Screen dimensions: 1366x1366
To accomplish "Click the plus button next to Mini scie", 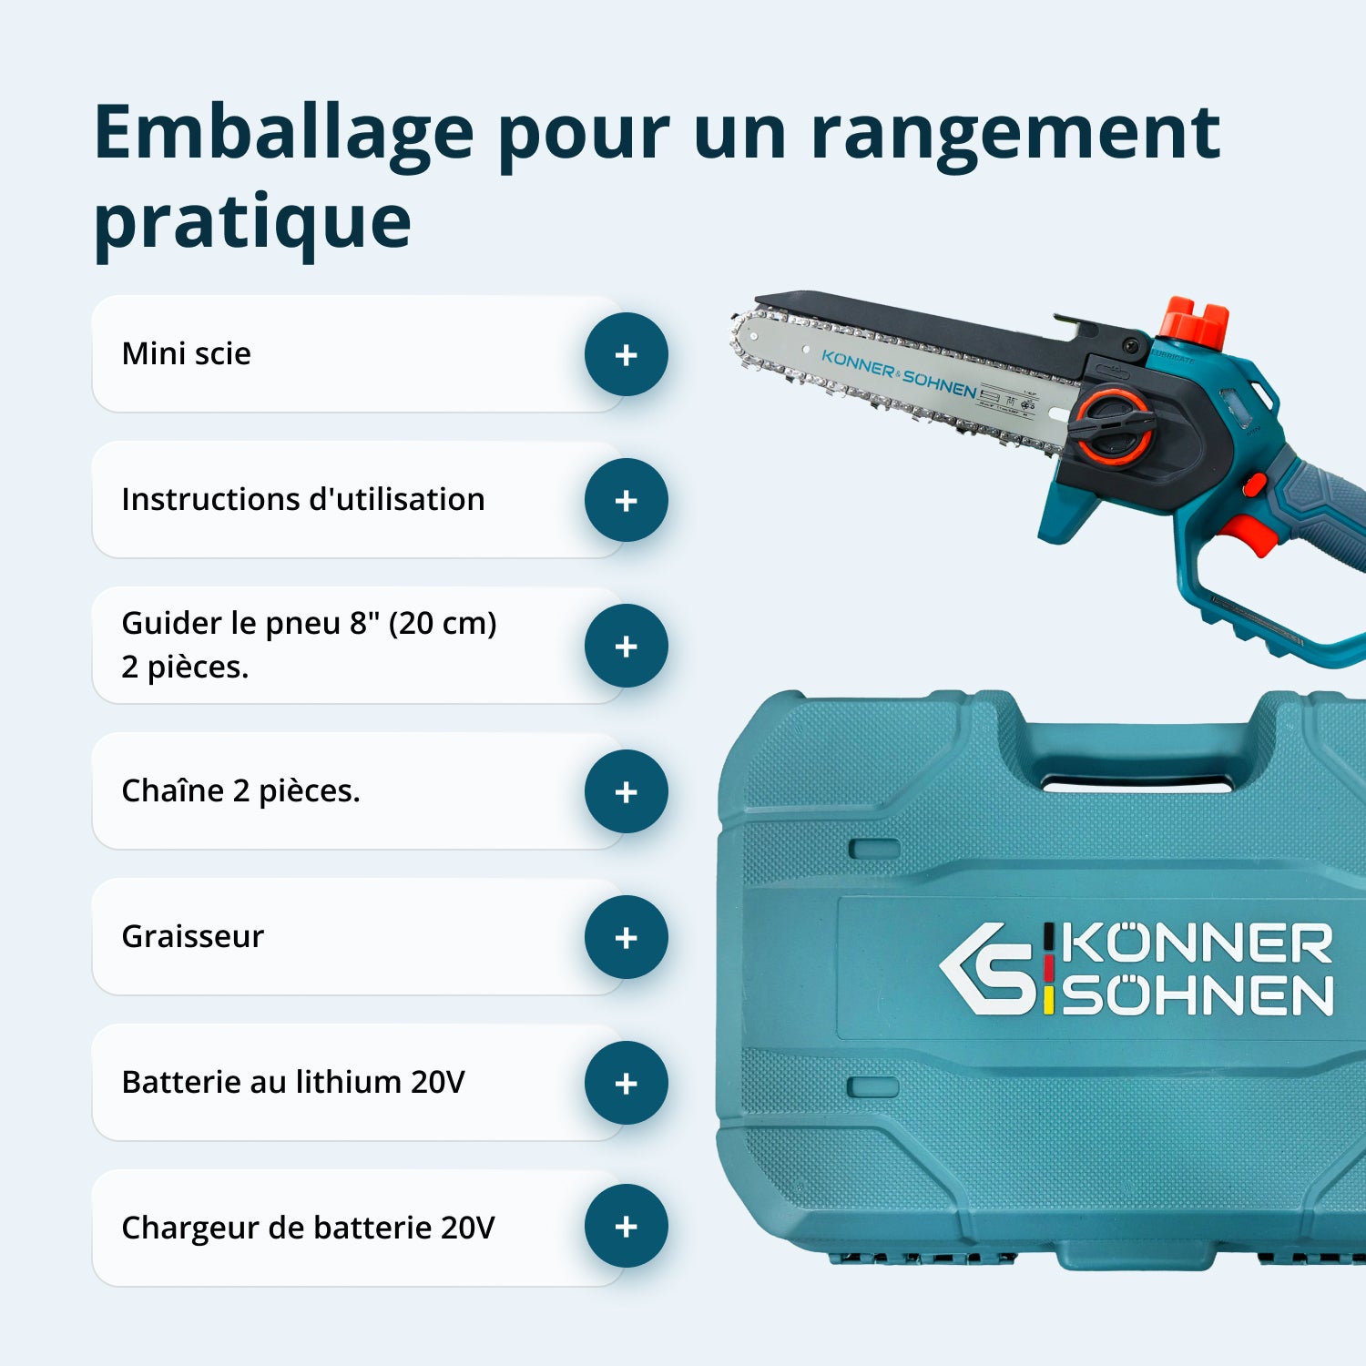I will (x=627, y=354).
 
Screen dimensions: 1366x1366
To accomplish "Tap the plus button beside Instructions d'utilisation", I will (x=627, y=500).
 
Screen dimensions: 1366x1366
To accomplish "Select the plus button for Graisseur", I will (x=627, y=937).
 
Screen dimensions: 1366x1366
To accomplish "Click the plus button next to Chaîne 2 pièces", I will (x=627, y=791).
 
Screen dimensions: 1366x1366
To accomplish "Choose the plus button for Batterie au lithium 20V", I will (x=627, y=1083).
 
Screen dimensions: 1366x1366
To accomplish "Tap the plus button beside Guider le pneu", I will (x=627, y=646).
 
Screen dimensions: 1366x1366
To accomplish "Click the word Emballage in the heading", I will (x=283, y=134).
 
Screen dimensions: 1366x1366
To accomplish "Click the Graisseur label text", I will (x=192, y=936).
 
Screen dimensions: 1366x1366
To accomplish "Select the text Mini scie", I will (x=186, y=353).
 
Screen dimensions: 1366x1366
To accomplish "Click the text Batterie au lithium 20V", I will (x=292, y=1082).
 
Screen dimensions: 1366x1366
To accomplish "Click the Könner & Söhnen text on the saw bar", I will (x=898, y=374).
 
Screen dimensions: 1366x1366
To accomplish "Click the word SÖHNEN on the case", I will (x=1198, y=995).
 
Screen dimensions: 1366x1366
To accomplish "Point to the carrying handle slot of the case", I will (x=1137, y=783).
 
